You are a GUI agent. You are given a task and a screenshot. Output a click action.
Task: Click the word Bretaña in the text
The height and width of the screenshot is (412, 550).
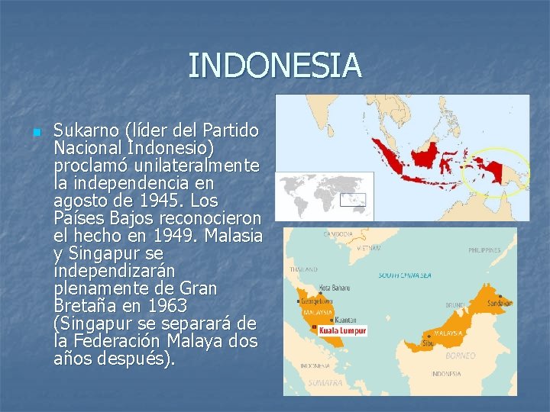pos(86,306)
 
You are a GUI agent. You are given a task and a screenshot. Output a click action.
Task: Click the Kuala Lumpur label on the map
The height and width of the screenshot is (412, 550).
pos(342,331)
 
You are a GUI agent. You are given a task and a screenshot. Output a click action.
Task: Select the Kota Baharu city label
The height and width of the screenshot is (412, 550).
pos(335,288)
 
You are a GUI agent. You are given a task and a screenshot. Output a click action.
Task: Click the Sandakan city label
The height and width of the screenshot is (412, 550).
pos(500,303)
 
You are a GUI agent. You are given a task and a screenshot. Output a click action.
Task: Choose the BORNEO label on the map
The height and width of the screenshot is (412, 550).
pos(460,356)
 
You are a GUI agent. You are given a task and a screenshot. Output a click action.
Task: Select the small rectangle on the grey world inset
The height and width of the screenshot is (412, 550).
pos(354,201)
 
